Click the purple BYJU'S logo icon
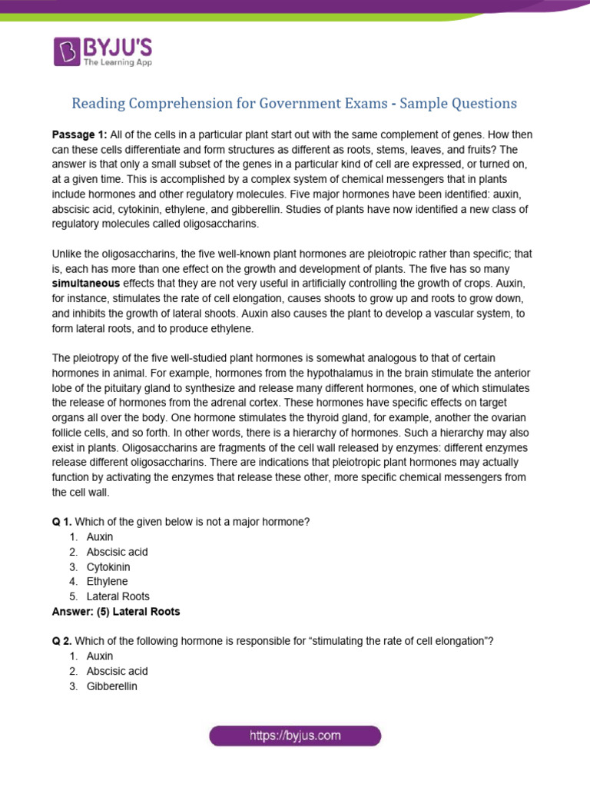point(67,51)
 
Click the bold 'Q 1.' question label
point(61,523)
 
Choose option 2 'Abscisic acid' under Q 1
point(117,552)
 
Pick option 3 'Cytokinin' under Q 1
point(108,566)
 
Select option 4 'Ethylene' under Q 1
point(108,582)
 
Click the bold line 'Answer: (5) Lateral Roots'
point(115,612)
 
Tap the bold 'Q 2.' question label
point(61,642)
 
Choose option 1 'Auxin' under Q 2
point(100,656)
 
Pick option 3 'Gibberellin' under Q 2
point(111,686)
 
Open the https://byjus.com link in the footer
point(295,736)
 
